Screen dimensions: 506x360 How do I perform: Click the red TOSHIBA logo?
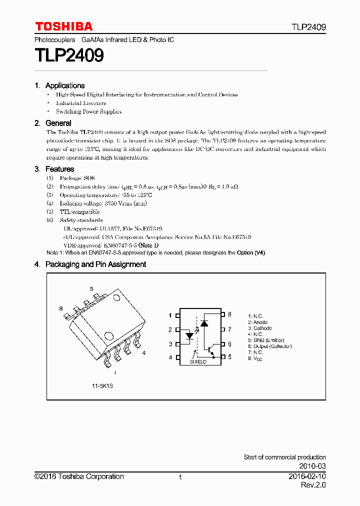pyautogui.click(x=63, y=26)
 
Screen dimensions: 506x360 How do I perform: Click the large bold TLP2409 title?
pyautogui.click(x=69, y=55)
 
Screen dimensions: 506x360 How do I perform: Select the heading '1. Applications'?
pyautogui.click(x=59, y=85)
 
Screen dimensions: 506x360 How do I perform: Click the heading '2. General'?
pyautogui.click(x=53, y=123)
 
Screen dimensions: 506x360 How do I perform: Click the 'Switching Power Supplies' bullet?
pyautogui.click(x=88, y=111)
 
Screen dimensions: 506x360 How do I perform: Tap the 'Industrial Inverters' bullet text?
pyautogui.click(x=81, y=103)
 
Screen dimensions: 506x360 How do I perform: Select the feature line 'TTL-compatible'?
pyautogui.click(x=79, y=212)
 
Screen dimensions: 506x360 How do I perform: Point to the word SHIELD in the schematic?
pyautogui.click(x=198, y=361)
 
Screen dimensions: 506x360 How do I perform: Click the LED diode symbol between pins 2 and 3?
pyautogui.click(x=190, y=336)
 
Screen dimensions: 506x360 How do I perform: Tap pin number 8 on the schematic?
pyautogui.click(x=229, y=314)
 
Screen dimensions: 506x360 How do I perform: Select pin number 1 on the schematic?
pyautogui.click(x=170, y=315)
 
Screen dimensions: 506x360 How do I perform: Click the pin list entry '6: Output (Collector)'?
pyautogui.click(x=269, y=346)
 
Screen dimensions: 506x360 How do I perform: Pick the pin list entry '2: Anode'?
pyautogui.click(x=258, y=322)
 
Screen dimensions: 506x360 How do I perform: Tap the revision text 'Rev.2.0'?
pyautogui.click(x=313, y=485)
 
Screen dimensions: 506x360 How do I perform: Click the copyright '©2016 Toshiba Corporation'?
pyautogui.click(x=79, y=476)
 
